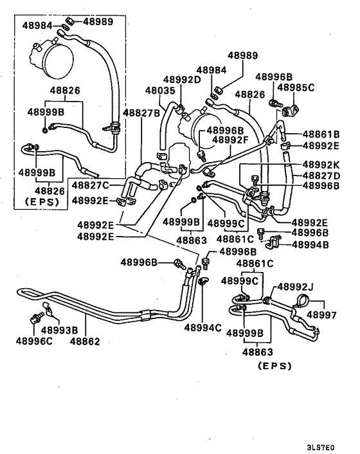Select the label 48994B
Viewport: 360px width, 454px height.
point(312,244)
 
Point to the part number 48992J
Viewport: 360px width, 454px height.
point(297,287)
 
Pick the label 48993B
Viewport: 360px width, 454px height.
point(59,331)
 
